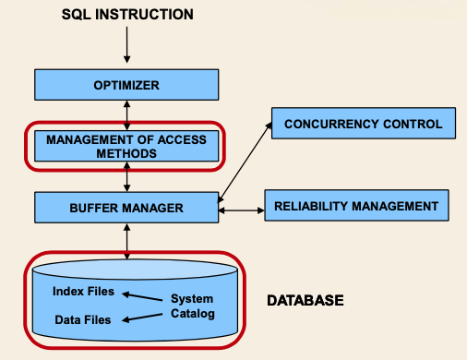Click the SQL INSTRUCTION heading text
coord(127,15)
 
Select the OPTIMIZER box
coord(126,85)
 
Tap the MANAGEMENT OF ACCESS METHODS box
coord(126,146)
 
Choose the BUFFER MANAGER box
coord(126,208)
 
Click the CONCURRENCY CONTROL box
coord(364,123)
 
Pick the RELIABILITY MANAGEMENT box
coord(356,205)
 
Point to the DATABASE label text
coord(305,300)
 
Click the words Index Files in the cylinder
coord(83,291)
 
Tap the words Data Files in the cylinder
coord(83,319)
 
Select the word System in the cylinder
coord(192,299)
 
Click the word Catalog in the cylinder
coord(193,314)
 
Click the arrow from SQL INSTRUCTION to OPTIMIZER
coord(126,45)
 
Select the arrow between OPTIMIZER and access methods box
coord(126,115)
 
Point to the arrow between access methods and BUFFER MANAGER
coord(126,177)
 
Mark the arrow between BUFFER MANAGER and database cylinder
coord(126,242)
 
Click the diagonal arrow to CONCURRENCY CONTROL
coord(245,162)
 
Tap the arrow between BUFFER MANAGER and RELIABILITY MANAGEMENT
coord(242,210)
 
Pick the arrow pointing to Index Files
coord(142,296)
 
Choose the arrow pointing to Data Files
coord(142,318)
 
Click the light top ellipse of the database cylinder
coord(135,270)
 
